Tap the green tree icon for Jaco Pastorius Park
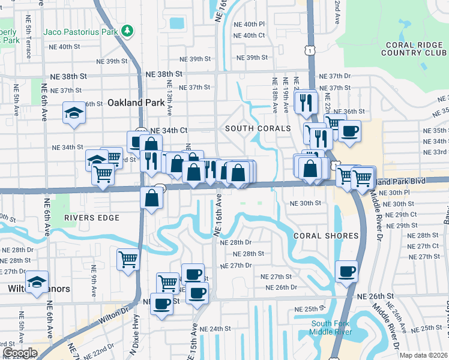127,30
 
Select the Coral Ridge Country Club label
414,48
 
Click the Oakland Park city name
136,103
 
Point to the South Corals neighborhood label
258,128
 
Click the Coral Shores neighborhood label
326,236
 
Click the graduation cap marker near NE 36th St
74,113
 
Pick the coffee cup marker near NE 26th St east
347,271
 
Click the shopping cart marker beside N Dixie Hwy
128,259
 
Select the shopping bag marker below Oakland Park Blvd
151,197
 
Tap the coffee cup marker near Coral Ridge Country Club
349,130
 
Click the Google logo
20,353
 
